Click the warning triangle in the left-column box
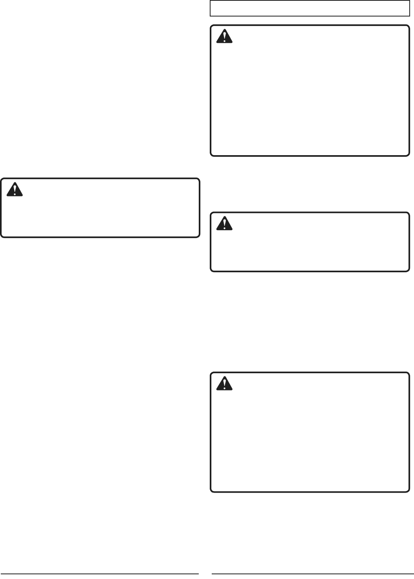pos(15,190)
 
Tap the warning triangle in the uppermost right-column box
pos(225,37)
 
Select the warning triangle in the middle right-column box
pos(225,224)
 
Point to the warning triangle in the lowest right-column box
pos(225,384)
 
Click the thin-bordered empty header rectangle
pos(310,8)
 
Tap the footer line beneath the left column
pos(100,574)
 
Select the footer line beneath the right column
pos(310,574)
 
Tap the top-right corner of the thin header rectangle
pos(409,1)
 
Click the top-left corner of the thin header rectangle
pos(211,1)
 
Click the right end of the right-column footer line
pos(409,574)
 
